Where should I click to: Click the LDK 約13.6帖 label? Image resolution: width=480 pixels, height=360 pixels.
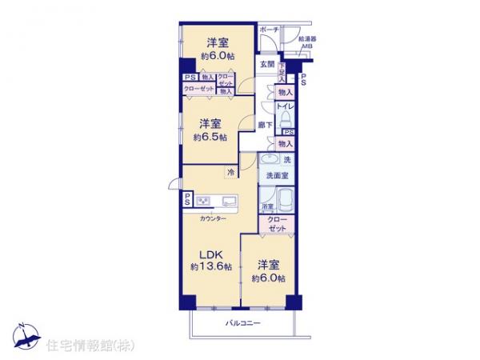(x=211, y=261)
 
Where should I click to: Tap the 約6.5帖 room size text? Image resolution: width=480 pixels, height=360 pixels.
(x=210, y=138)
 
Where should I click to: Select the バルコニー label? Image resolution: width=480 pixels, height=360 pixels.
(x=242, y=323)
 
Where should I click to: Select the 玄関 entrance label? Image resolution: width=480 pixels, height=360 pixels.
(x=266, y=65)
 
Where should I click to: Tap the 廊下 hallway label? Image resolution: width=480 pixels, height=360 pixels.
(x=266, y=125)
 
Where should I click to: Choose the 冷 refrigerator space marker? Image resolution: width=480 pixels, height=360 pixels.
(x=230, y=172)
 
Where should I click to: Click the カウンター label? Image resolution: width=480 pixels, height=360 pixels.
(x=213, y=218)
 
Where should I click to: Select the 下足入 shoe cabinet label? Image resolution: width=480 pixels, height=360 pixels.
(x=282, y=72)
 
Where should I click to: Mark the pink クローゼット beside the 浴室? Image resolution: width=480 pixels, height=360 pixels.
(x=278, y=222)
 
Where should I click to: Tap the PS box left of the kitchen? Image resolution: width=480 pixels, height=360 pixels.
(x=186, y=199)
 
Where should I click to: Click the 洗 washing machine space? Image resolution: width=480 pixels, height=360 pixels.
(x=286, y=160)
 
